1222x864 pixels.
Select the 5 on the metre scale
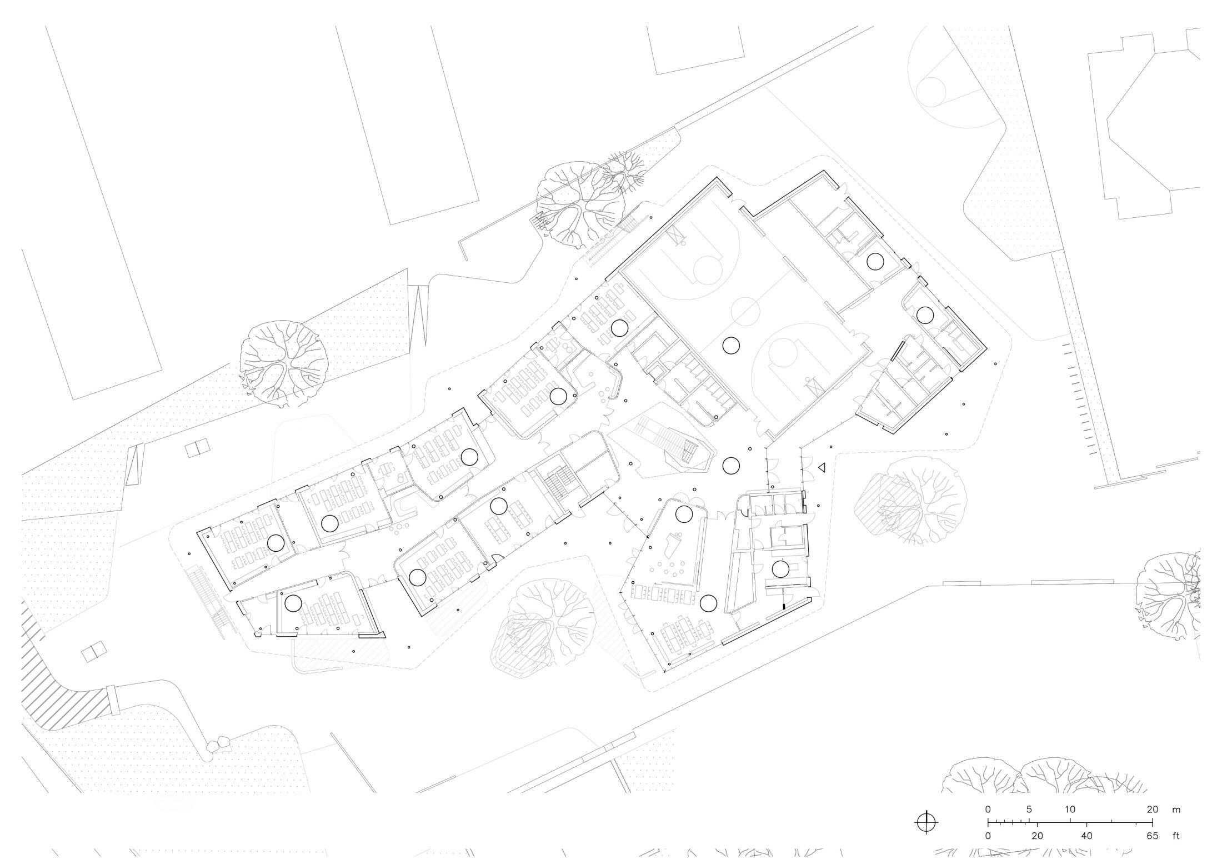(x=1029, y=809)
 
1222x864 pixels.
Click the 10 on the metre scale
(x=1070, y=809)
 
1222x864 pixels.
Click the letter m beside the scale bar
(x=1176, y=810)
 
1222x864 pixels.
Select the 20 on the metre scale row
(x=1152, y=809)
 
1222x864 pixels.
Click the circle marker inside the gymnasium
(x=731, y=346)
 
